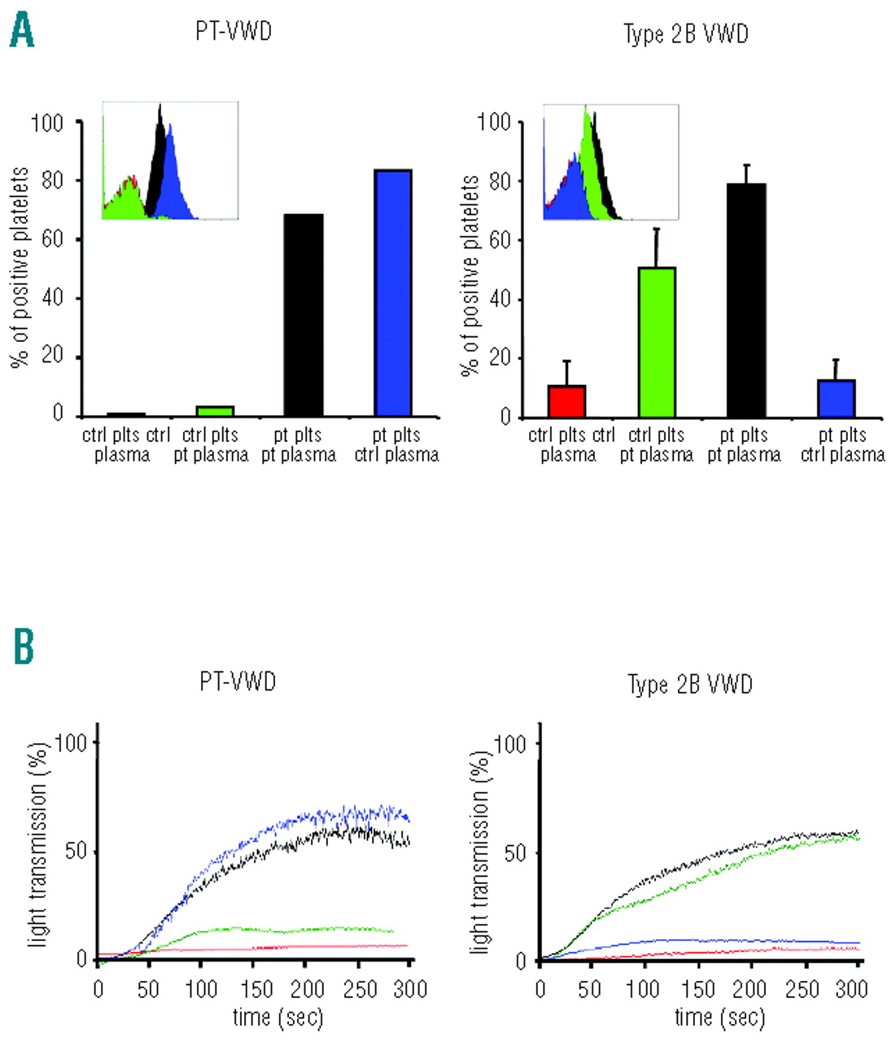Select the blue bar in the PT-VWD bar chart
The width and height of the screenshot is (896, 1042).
click(393, 293)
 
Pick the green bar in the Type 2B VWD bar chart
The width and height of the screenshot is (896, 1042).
click(657, 342)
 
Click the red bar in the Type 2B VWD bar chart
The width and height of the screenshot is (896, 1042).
click(567, 401)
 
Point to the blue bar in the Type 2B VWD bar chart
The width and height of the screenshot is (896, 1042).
click(836, 398)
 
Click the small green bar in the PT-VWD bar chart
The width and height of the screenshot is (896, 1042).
click(215, 411)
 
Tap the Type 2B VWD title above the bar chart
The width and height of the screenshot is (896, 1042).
click(685, 34)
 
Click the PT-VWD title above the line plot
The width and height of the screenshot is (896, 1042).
click(238, 681)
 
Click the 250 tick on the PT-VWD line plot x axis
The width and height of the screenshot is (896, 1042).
click(360, 989)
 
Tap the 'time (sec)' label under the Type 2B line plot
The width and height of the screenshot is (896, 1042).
click(719, 1017)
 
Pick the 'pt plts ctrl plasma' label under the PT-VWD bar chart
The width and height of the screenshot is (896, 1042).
click(396, 444)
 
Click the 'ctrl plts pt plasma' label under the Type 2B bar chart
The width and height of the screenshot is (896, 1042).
click(656, 444)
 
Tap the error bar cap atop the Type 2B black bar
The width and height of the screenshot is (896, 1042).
click(745, 165)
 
